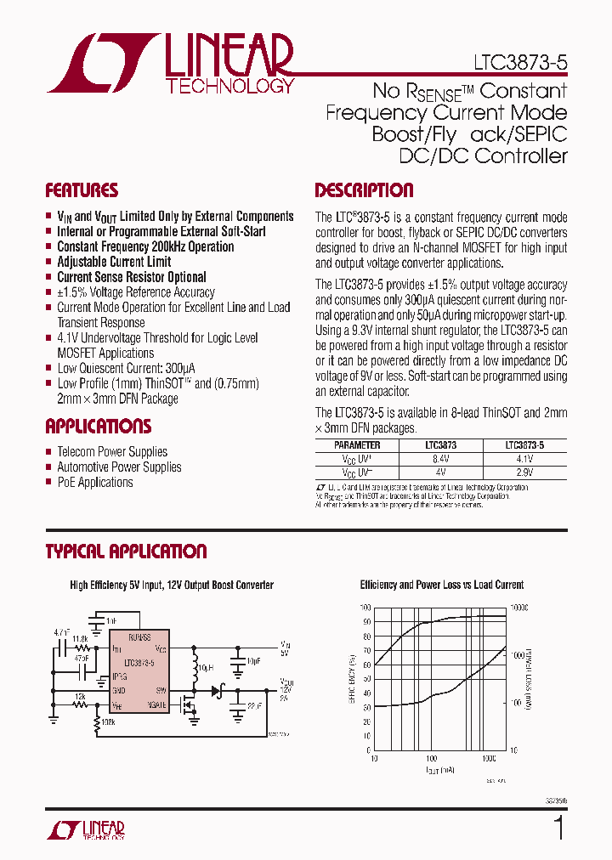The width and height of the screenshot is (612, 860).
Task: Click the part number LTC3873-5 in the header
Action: click(x=519, y=63)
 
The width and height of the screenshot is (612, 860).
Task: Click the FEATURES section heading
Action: click(x=82, y=190)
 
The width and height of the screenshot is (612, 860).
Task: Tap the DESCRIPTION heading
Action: click(x=364, y=190)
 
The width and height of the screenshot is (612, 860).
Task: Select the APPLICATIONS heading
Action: click(x=98, y=427)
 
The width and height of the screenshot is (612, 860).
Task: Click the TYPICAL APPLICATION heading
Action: click(x=126, y=552)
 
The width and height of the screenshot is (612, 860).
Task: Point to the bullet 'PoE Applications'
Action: click(x=94, y=483)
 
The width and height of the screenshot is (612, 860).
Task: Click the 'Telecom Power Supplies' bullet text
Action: click(x=111, y=452)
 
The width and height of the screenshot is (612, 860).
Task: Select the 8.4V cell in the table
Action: click(x=440, y=459)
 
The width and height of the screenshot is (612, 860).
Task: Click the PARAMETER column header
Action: click(x=357, y=445)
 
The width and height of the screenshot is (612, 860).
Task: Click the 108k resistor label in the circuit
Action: click(x=106, y=722)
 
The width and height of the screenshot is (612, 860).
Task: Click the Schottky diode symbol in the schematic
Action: click(x=215, y=690)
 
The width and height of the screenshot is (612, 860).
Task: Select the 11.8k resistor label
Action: click(x=80, y=639)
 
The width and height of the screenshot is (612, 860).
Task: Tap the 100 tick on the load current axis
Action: click(x=431, y=757)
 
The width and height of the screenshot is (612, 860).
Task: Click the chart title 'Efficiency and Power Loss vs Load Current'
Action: click(x=441, y=585)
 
